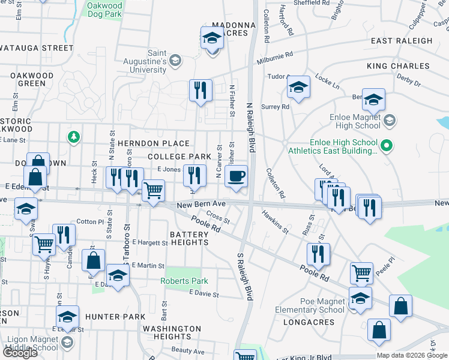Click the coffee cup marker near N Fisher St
click(x=237, y=177)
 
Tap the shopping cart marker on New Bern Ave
click(x=154, y=191)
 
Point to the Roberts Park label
click(x=184, y=281)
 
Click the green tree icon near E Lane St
click(x=74, y=137)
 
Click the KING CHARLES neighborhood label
click(x=399, y=66)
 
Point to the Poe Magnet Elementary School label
click(x=310, y=306)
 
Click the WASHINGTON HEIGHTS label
click(x=172, y=333)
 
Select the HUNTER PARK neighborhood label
click(x=115, y=316)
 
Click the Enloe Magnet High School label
click(x=355, y=122)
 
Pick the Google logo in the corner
click(x=19, y=352)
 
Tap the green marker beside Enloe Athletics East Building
click(x=387, y=145)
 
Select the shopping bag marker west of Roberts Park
click(x=94, y=261)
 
